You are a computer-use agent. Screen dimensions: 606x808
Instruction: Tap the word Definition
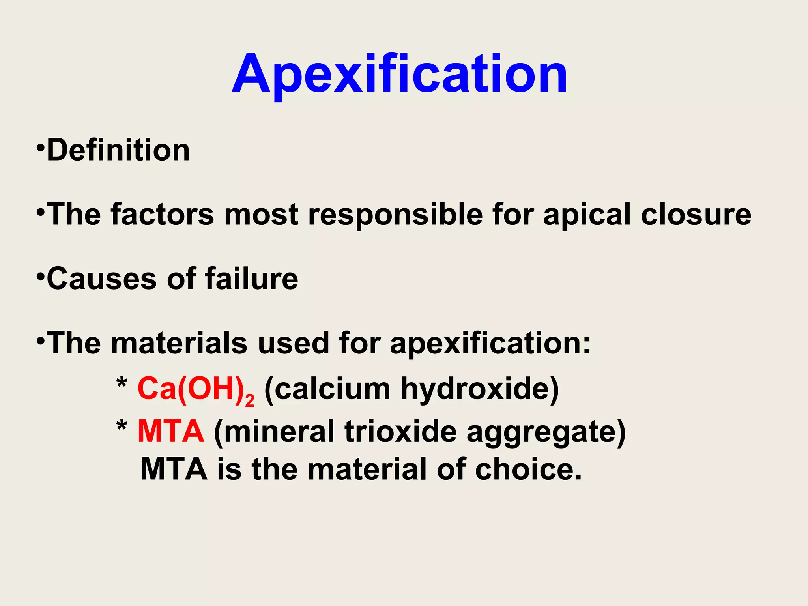[x=118, y=150]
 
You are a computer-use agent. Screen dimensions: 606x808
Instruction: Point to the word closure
[x=696, y=215]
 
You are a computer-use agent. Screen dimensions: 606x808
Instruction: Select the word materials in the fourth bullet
[x=180, y=343]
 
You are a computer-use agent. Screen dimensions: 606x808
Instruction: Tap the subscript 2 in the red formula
[x=250, y=401]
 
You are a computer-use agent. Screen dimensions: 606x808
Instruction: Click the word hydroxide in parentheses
[x=480, y=389]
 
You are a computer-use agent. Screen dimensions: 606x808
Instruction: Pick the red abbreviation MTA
[x=171, y=432]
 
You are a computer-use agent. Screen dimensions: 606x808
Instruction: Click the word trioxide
[x=400, y=432]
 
